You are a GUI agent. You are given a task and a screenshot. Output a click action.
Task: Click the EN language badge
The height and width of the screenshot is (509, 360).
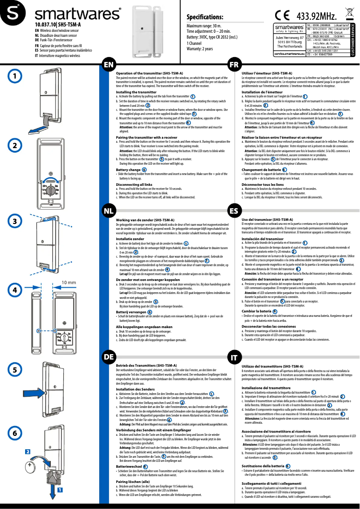[x=108, y=64]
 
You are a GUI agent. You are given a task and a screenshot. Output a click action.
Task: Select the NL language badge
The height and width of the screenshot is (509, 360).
[x=108, y=211]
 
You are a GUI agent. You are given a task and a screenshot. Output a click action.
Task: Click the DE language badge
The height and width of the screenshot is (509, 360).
[x=108, y=357]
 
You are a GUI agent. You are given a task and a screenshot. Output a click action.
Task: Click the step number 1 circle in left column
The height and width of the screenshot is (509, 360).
[x=15, y=76]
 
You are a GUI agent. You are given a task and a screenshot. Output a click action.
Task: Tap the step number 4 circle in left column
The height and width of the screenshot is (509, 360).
[x=15, y=290]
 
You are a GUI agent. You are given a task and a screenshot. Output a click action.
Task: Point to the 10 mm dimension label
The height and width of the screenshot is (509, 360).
[x=68, y=283]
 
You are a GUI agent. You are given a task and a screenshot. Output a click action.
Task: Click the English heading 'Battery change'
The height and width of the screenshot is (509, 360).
[x=128, y=170]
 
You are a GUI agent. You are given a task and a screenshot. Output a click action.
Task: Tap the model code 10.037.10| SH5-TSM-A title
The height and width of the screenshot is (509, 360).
[x=58, y=24]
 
